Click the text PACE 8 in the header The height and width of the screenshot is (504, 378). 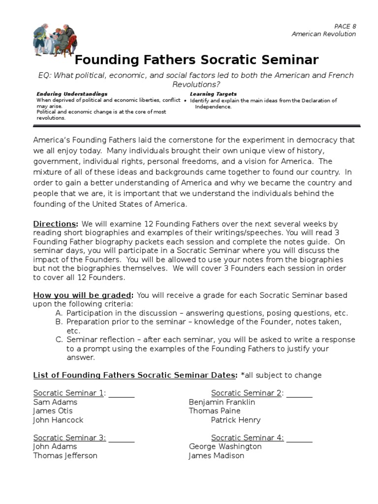point(345,26)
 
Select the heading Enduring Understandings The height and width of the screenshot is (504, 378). point(72,94)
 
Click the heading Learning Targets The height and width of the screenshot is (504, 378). point(213,94)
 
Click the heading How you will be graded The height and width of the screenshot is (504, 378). point(83,295)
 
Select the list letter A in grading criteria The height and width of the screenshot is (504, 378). point(59,313)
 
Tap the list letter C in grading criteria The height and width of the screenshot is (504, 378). point(59,340)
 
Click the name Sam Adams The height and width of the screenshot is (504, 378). point(55,402)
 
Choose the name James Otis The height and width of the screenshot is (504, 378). point(53,411)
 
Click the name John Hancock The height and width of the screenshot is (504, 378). point(58,420)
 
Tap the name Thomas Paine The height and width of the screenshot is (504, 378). point(215,411)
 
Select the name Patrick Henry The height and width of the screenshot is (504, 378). point(236,420)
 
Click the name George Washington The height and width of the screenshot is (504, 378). point(225,447)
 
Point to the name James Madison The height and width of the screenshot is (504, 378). point(216,456)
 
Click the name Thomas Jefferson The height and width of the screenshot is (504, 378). point(65,456)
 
